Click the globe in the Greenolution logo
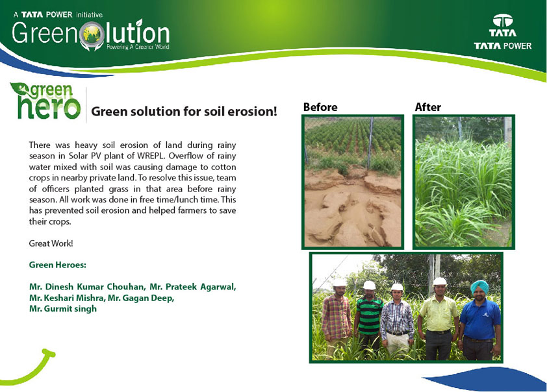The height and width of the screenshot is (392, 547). (x=92, y=34)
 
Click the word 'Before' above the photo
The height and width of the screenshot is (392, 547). (x=320, y=107)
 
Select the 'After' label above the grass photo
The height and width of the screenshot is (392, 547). (x=427, y=107)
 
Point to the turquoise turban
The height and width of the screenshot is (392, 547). (x=479, y=286)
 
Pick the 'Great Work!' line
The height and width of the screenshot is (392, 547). (x=51, y=243)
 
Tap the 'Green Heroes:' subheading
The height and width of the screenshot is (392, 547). (x=58, y=265)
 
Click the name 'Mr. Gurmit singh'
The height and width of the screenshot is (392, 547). (x=63, y=309)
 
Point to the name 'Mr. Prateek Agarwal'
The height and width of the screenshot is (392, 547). (x=192, y=287)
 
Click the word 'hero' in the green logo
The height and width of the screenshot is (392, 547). (x=49, y=107)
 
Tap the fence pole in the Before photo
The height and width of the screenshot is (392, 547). (x=370, y=143)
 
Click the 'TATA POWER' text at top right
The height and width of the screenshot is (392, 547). (x=503, y=46)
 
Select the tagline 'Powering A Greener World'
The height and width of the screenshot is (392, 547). (x=138, y=47)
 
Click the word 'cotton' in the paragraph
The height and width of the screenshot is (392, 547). (x=223, y=167)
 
